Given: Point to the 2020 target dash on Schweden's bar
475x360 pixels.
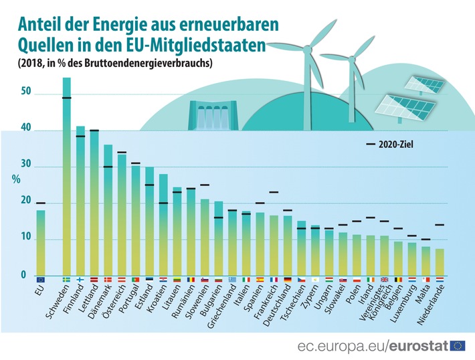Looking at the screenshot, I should [66, 98].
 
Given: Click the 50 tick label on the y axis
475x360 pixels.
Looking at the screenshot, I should [25, 91].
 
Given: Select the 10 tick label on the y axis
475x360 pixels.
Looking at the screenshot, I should [25, 238].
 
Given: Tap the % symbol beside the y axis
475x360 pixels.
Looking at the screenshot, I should [17, 179].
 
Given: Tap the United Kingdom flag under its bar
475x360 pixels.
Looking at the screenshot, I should [385, 280].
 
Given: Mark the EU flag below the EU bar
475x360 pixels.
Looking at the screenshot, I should [41, 280].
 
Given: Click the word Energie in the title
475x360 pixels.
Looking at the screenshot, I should [125, 27].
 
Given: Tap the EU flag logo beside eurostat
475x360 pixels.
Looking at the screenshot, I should [458, 345].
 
